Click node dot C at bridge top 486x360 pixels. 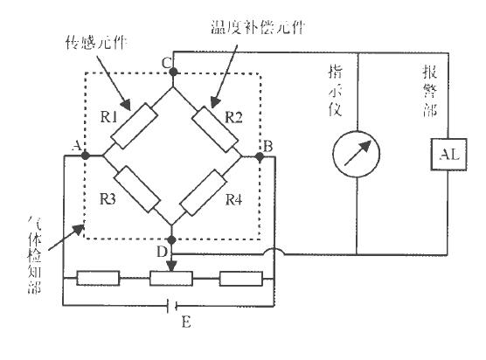click(x=172, y=71)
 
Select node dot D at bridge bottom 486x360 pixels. click(x=172, y=239)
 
